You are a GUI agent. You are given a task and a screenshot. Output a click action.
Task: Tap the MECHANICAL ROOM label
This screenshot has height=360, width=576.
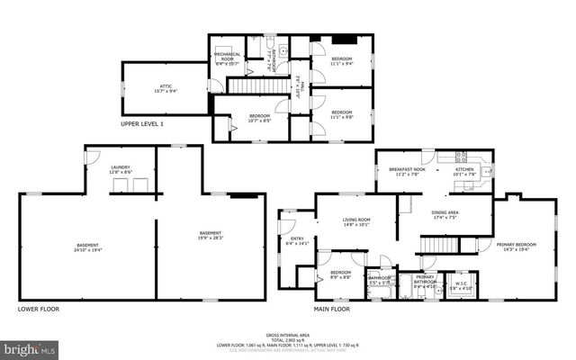227,58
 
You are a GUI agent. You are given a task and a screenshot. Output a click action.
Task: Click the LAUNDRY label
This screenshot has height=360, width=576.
121,169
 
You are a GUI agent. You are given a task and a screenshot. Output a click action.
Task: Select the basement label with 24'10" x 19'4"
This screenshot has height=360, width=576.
87,247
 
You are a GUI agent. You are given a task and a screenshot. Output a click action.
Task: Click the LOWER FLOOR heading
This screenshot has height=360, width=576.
39,309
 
